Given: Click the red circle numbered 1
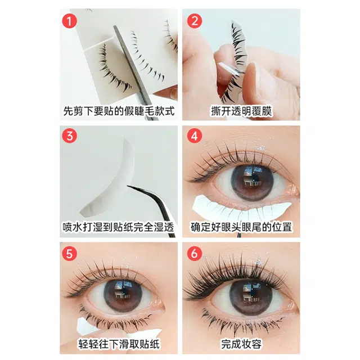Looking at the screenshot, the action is [69, 21].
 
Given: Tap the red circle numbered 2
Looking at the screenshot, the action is [195, 21].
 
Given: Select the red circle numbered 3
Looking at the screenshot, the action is [69, 136].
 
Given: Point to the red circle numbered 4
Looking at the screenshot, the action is [195, 136].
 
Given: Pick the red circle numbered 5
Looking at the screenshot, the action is [69, 254].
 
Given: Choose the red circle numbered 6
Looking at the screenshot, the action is [195, 254].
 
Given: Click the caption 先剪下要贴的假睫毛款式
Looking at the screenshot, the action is [119, 111].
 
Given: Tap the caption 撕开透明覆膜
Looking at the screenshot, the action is [241, 111].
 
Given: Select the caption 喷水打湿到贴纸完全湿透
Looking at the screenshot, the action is [118, 227].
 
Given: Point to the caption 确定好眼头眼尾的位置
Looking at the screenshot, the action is [241, 227].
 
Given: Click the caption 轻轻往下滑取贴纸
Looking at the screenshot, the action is [119, 344].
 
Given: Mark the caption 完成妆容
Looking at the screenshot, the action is [241, 344].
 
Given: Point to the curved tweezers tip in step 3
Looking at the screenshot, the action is [129, 187].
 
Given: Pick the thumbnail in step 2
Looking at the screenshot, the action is [250, 69].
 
